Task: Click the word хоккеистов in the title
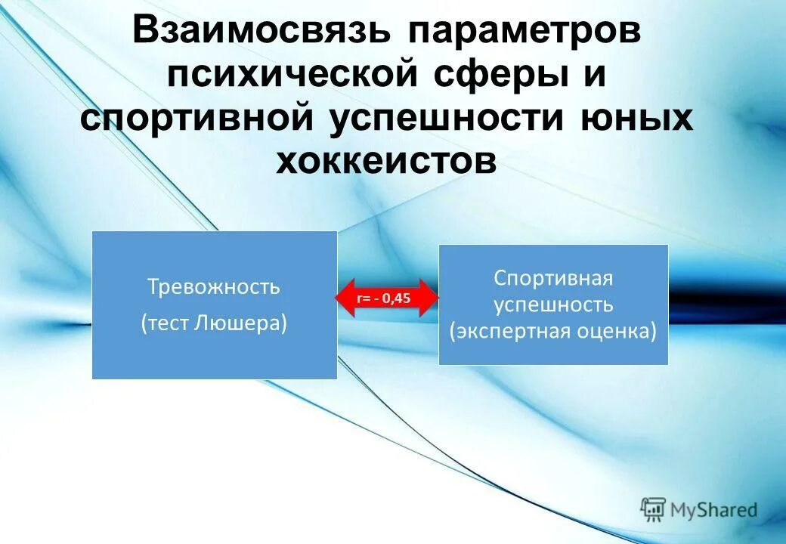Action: (x=386, y=160)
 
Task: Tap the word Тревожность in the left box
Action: (x=214, y=287)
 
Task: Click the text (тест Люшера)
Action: (x=214, y=323)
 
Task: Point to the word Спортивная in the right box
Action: (x=553, y=277)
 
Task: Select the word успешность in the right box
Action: (x=553, y=304)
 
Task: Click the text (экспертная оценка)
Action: (x=553, y=332)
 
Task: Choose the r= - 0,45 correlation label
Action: (x=384, y=298)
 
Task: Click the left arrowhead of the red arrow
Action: (x=344, y=298)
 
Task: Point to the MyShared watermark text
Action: (x=713, y=510)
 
